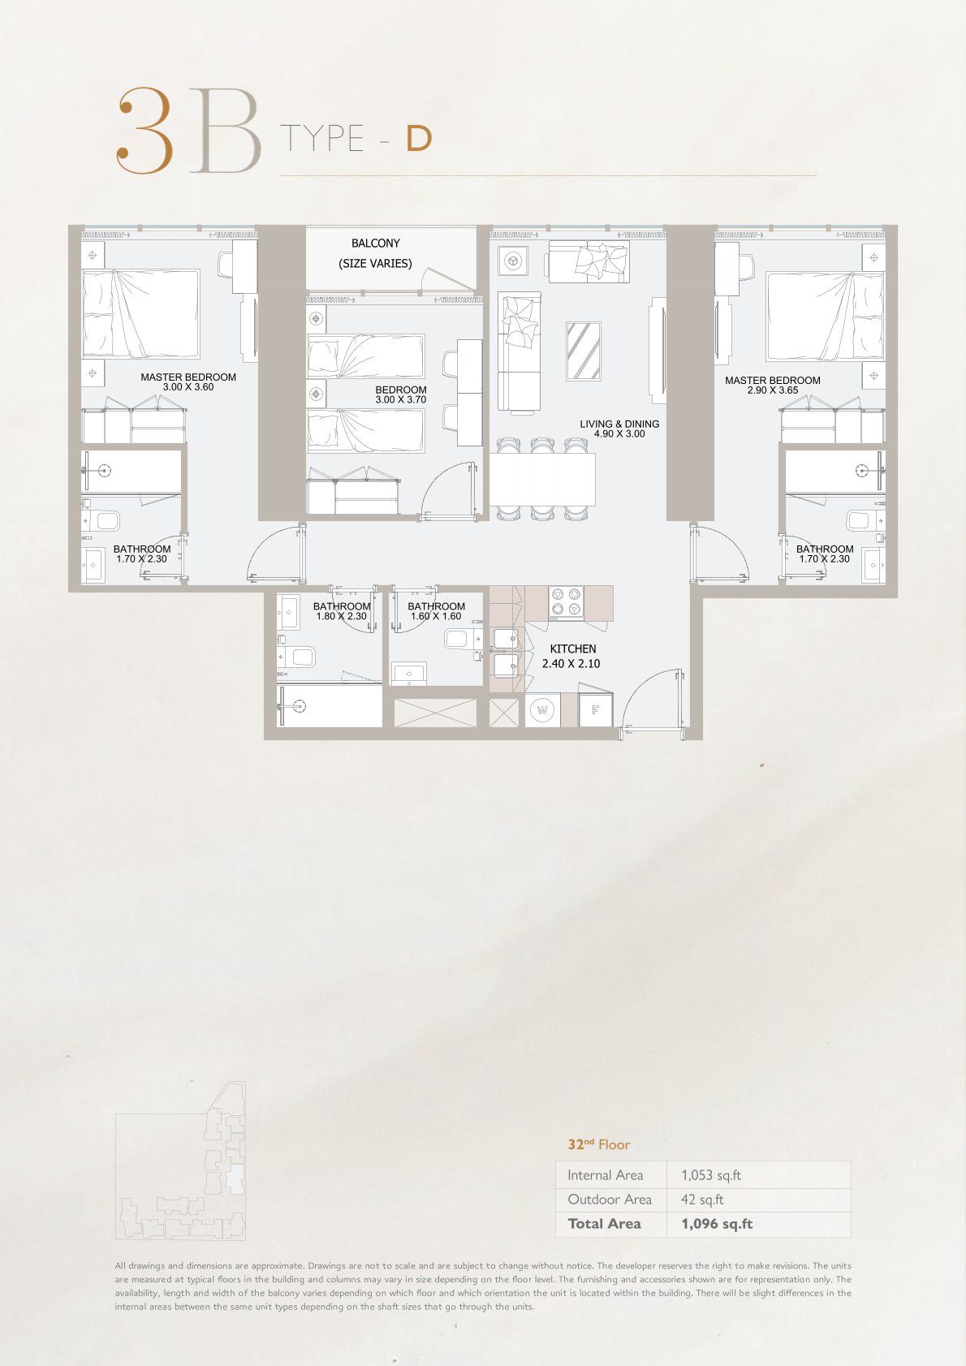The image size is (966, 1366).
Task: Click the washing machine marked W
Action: pyautogui.click(x=543, y=710)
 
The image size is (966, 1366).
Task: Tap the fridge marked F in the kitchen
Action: pyautogui.click(x=595, y=710)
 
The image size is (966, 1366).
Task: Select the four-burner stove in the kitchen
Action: pyautogui.click(x=565, y=603)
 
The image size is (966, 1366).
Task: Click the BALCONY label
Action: pyautogui.click(x=376, y=243)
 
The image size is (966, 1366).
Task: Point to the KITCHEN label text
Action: pyautogui.click(x=573, y=649)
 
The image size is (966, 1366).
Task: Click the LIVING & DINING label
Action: pyautogui.click(x=619, y=424)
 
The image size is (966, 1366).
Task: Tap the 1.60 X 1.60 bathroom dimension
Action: pyautogui.click(x=435, y=617)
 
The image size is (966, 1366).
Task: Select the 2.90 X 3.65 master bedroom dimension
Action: pyautogui.click(x=773, y=390)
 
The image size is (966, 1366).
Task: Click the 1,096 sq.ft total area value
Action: pyautogui.click(x=717, y=1224)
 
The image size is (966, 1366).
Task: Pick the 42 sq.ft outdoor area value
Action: pyautogui.click(x=702, y=1200)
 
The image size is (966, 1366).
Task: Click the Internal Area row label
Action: pyautogui.click(x=605, y=1175)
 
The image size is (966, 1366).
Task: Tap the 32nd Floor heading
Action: pyautogui.click(x=599, y=1144)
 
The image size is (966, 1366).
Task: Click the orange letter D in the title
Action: pyautogui.click(x=419, y=139)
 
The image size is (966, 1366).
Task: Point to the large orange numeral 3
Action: pyautogui.click(x=141, y=131)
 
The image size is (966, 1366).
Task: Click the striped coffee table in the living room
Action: pyautogui.click(x=584, y=351)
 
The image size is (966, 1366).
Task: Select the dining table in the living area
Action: pyautogui.click(x=543, y=480)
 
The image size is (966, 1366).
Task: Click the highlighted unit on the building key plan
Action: pyautogui.click(x=235, y=1179)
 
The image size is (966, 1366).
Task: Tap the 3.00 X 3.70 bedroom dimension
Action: pyautogui.click(x=401, y=400)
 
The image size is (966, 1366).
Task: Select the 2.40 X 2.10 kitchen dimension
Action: pyautogui.click(x=571, y=663)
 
